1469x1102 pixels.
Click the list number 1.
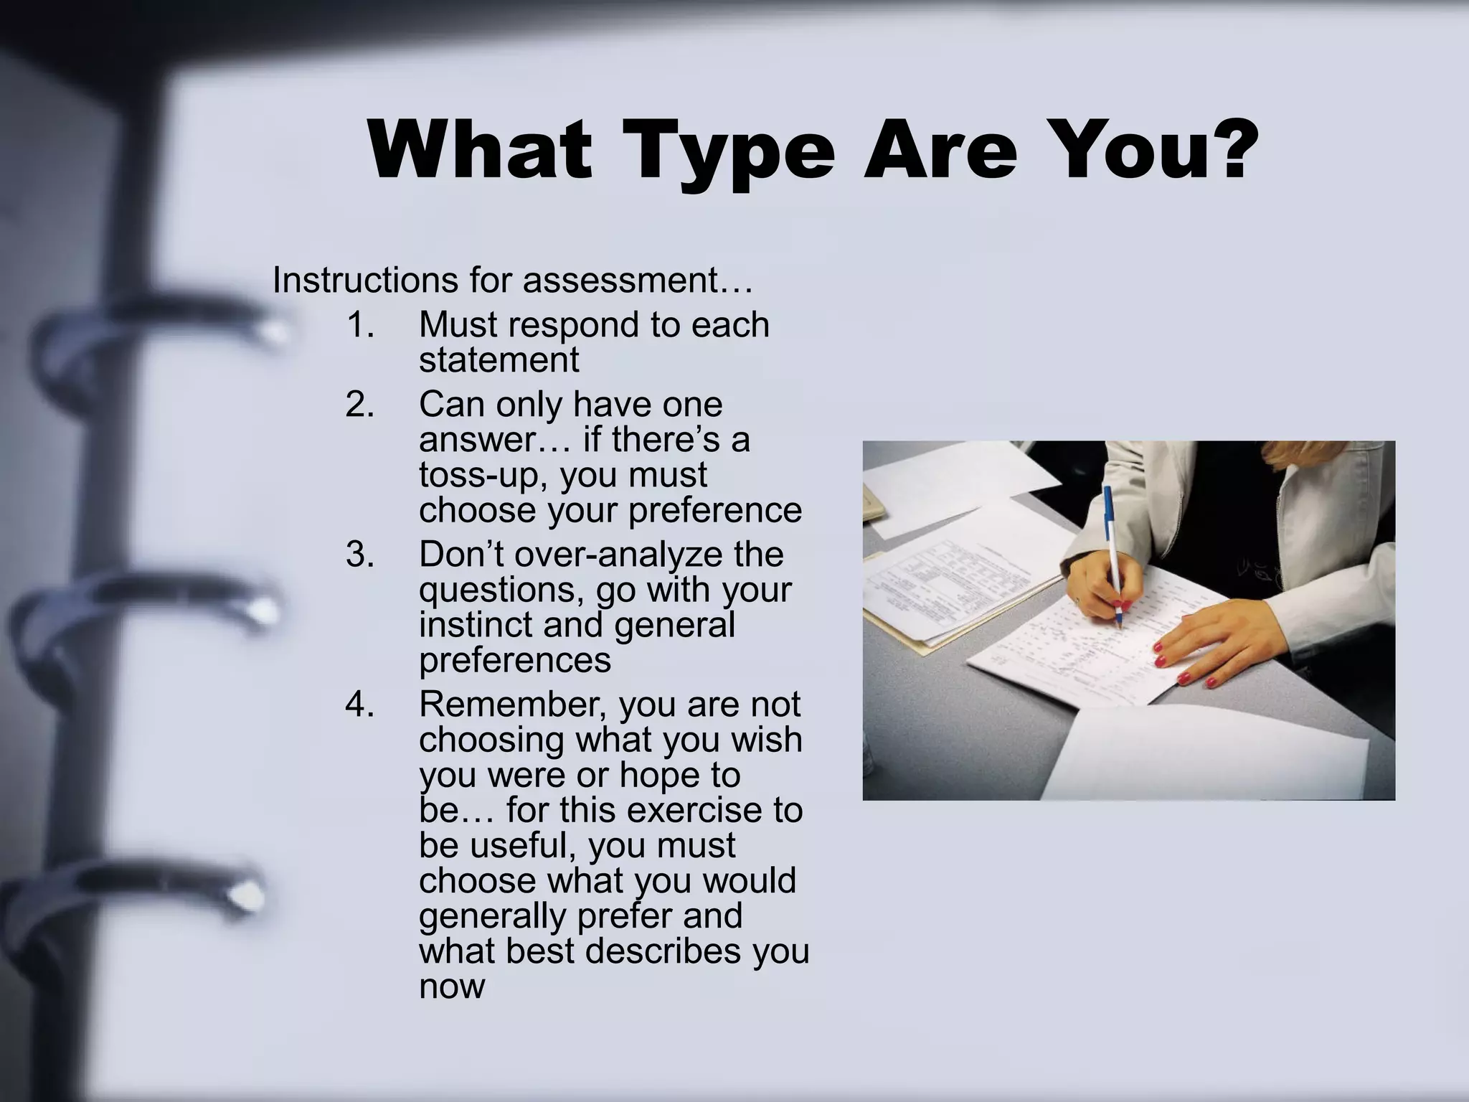(x=359, y=325)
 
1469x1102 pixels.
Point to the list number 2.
(x=359, y=405)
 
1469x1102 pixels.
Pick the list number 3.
(x=359, y=555)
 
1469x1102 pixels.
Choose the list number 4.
(x=359, y=705)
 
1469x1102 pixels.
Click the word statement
(x=499, y=360)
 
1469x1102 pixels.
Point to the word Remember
(x=513, y=705)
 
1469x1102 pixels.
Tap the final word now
(x=452, y=986)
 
